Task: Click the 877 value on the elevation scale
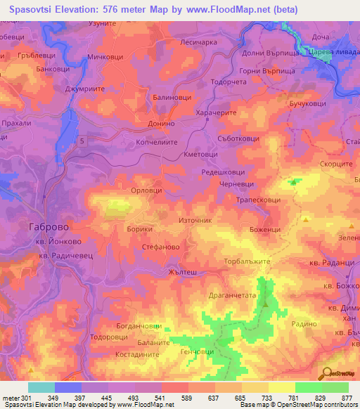(x=346, y=398)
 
